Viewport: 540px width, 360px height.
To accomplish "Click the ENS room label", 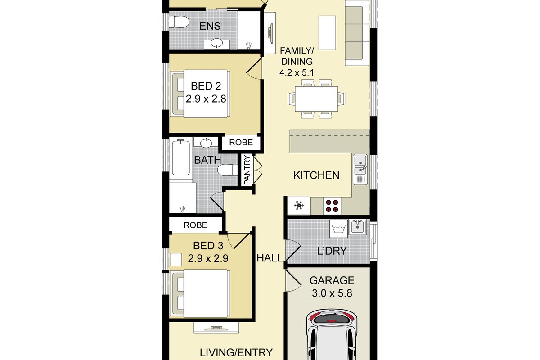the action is (210, 26).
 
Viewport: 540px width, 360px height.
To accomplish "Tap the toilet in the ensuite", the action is (179, 22).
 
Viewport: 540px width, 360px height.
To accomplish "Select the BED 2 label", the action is (206, 86).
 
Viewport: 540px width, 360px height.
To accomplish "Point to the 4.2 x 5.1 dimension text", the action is (297, 72).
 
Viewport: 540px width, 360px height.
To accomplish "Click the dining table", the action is (316, 99).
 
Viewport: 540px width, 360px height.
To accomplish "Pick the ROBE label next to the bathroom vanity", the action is (241, 143).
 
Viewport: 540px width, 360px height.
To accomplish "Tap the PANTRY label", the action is (247, 170).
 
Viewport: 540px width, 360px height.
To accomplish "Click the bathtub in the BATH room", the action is (181, 157).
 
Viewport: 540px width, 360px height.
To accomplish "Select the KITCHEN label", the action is (316, 175).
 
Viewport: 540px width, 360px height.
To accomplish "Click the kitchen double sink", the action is (360, 170).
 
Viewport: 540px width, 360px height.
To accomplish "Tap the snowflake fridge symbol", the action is (299, 206).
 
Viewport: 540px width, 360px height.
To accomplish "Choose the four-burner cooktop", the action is (332, 206).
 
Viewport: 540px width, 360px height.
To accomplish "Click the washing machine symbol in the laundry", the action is (338, 228).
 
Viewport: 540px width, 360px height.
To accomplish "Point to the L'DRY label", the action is (332, 251).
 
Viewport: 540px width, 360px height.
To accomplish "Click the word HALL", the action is (270, 258).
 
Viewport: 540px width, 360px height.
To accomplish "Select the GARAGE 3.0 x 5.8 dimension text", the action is (332, 293).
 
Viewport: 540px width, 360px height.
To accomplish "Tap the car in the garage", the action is (332, 336).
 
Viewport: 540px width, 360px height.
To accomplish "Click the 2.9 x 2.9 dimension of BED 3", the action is (208, 258).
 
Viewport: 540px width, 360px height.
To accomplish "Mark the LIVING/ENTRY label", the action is (236, 352).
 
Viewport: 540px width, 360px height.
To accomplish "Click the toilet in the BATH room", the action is (228, 170).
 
